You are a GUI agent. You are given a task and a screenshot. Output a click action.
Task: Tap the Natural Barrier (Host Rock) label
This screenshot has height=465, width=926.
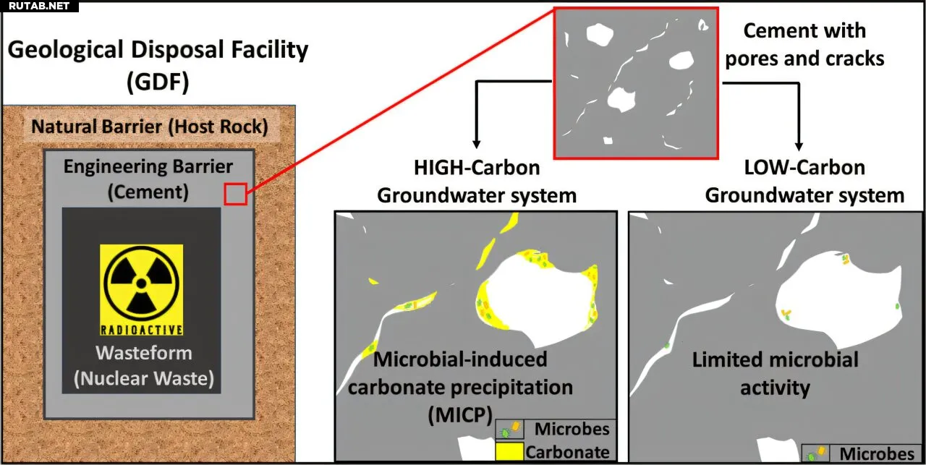tap(150, 128)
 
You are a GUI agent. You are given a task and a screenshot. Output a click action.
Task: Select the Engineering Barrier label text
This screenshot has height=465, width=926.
tap(148, 167)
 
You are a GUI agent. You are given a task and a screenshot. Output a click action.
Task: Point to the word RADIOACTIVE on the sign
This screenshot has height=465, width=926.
tap(141, 330)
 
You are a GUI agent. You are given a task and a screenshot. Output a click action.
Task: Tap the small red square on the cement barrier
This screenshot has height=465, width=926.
tap(236, 195)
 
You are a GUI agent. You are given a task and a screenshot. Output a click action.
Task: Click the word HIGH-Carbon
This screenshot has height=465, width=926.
tap(476, 168)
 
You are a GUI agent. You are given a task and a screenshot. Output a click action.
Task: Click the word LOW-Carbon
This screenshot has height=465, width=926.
tap(804, 168)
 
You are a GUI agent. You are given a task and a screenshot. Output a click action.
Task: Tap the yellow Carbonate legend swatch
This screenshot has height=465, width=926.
tap(509, 452)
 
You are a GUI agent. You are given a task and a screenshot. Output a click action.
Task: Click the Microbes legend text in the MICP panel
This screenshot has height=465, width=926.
tap(572, 429)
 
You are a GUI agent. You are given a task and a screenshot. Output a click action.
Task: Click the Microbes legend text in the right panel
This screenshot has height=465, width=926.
tap(876, 454)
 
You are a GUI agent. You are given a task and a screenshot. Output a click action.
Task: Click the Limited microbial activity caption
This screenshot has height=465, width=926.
tap(775, 373)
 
